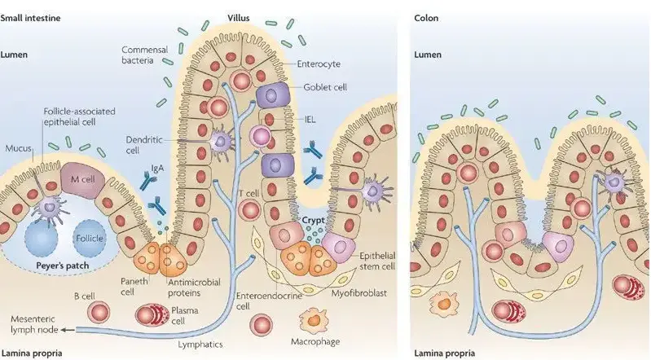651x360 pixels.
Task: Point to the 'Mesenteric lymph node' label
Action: [x=33, y=323]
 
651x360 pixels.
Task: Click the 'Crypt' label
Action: [x=313, y=219]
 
